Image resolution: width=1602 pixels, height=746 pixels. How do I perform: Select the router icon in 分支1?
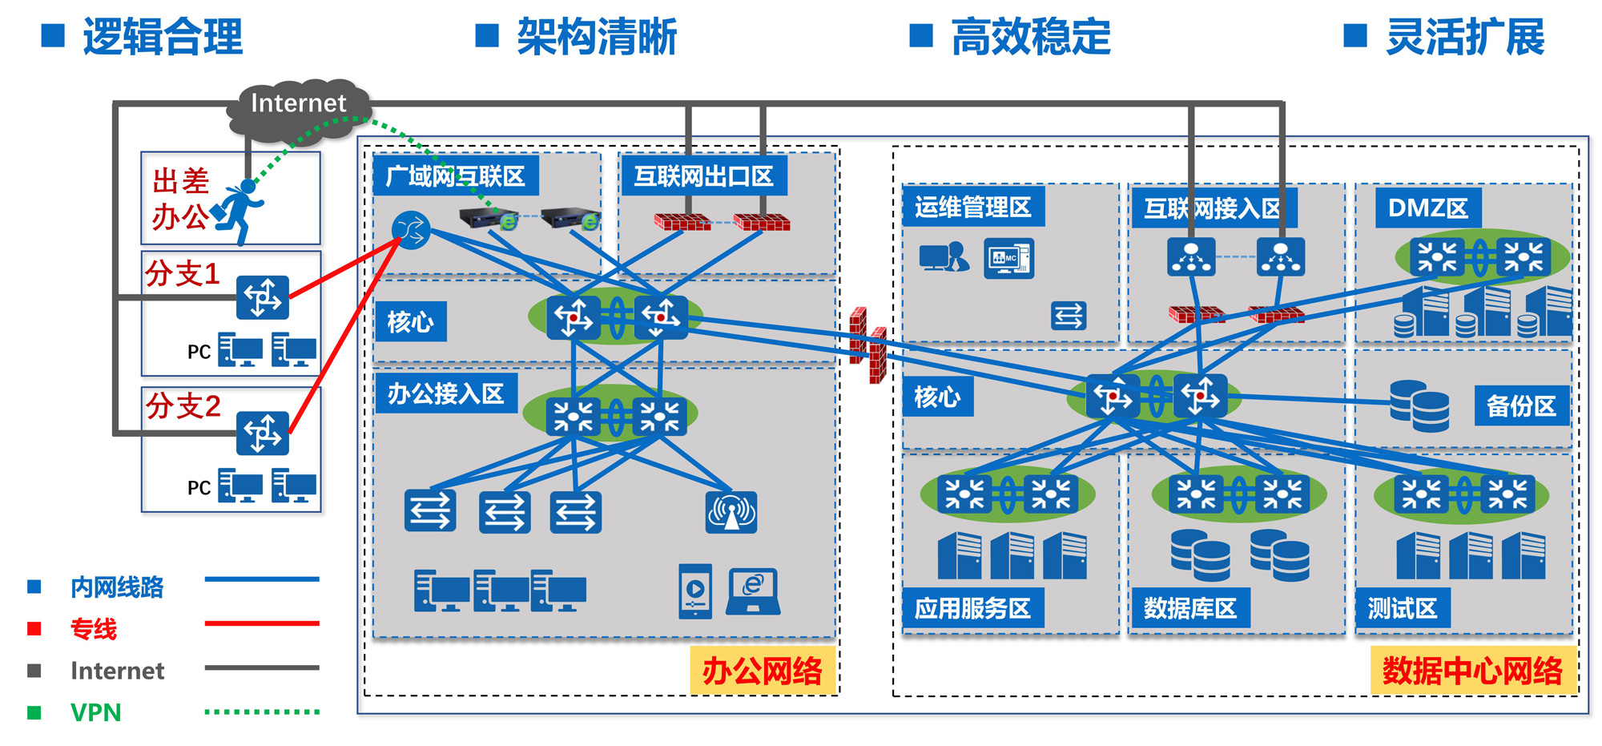click(x=263, y=297)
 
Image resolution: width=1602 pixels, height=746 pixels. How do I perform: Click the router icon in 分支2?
click(x=263, y=433)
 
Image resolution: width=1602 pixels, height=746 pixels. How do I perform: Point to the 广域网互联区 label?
click(x=456, y=175)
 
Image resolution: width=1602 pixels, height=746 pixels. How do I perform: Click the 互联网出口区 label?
click(x=704, y=175)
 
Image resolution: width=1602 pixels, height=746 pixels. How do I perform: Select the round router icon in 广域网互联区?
click(x=411, y=231)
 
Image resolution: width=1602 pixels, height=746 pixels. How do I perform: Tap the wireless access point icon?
click(x=731, y=512)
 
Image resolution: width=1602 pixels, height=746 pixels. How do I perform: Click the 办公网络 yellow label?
click(x=763, y=671)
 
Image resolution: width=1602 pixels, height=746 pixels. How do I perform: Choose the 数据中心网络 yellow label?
click(x=1473, y=671)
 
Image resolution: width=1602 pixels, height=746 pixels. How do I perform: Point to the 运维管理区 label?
click(x=973, y=207)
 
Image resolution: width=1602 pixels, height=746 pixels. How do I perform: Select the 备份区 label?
click(x=1521, y=406)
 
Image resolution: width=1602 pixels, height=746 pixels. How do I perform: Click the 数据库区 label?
click(x=1190, y=608)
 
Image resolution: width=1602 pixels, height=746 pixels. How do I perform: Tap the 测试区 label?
click(x=1403, y=608)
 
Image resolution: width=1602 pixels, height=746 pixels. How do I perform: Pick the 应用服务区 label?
click(x=973, y=608)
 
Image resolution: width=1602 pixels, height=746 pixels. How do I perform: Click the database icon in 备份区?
click(x=1419, y=405)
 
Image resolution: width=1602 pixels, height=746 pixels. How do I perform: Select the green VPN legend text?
click(x=96, y=712)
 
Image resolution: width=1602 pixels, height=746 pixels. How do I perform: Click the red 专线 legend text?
click(x=94, y=629)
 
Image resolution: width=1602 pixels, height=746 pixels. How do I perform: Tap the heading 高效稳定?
click(x=1031, y=37)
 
